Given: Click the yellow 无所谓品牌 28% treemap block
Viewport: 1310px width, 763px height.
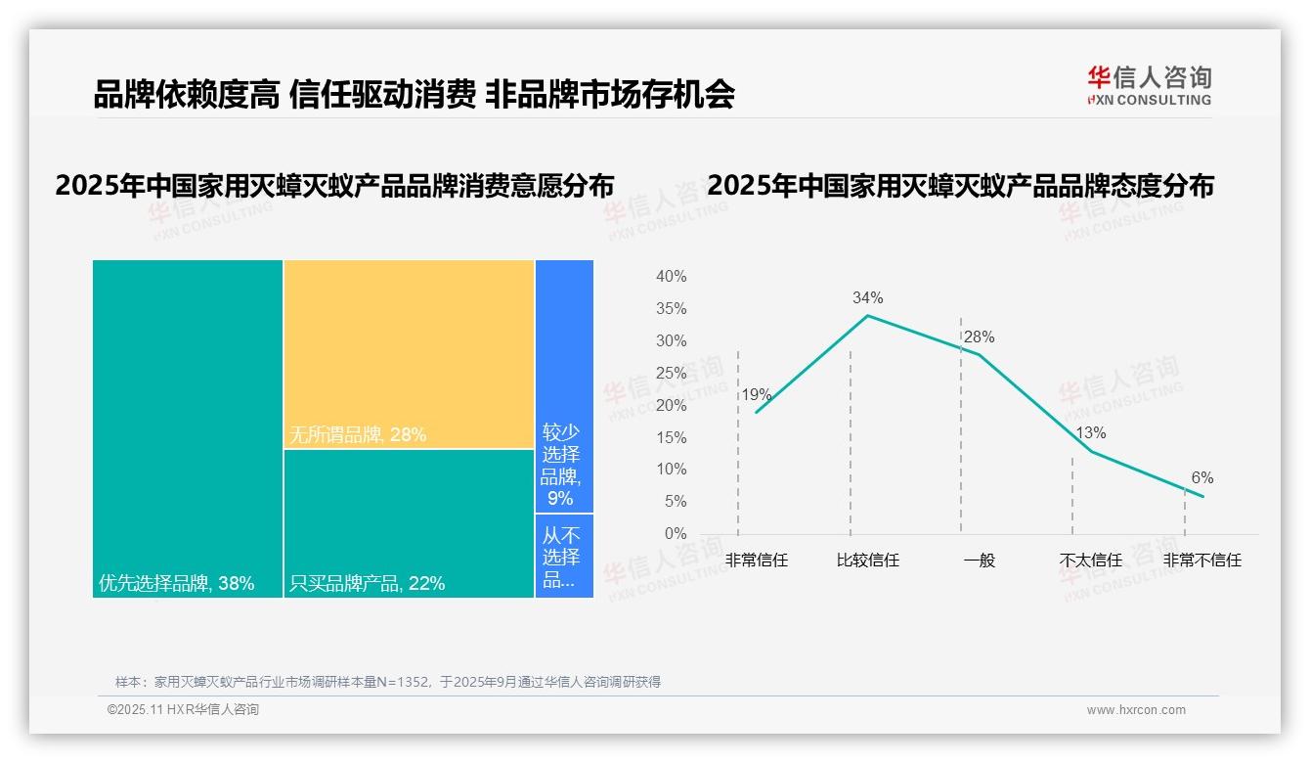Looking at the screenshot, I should coord(409,354).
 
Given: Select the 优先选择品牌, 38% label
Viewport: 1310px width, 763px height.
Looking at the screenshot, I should coord(177,584).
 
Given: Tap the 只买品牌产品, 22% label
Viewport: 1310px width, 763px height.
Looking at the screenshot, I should coord(368,584).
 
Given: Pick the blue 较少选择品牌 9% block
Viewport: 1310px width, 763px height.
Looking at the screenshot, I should coord(564,386).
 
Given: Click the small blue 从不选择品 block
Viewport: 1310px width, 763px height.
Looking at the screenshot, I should coord(564,556).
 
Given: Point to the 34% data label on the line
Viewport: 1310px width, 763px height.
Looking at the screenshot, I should coord(867,297).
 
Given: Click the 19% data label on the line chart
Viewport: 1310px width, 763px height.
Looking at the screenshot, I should coord(757,395).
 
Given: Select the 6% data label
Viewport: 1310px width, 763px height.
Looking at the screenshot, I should coord(1201,477).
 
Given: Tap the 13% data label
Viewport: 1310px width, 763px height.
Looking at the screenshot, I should coord(1090,432).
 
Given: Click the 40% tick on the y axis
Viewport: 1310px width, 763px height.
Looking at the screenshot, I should coord(671,277).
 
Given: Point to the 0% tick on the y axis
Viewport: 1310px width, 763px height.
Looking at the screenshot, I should coord(675,534).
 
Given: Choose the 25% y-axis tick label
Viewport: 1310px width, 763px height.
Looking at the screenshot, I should coord(671,373).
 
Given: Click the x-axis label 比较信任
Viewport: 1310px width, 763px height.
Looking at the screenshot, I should coord(867,561).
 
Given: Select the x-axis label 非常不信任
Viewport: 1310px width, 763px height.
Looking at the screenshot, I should coord(1201,561).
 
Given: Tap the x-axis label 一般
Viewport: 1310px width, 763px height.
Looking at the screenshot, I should coord(979,561).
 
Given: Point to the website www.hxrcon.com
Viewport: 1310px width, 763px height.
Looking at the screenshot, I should coord(1136,710).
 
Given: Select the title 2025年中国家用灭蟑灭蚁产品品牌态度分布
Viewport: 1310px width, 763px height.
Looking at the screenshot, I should coord(960,186).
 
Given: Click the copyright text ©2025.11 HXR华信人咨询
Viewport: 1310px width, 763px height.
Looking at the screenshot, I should coord(183,710).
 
